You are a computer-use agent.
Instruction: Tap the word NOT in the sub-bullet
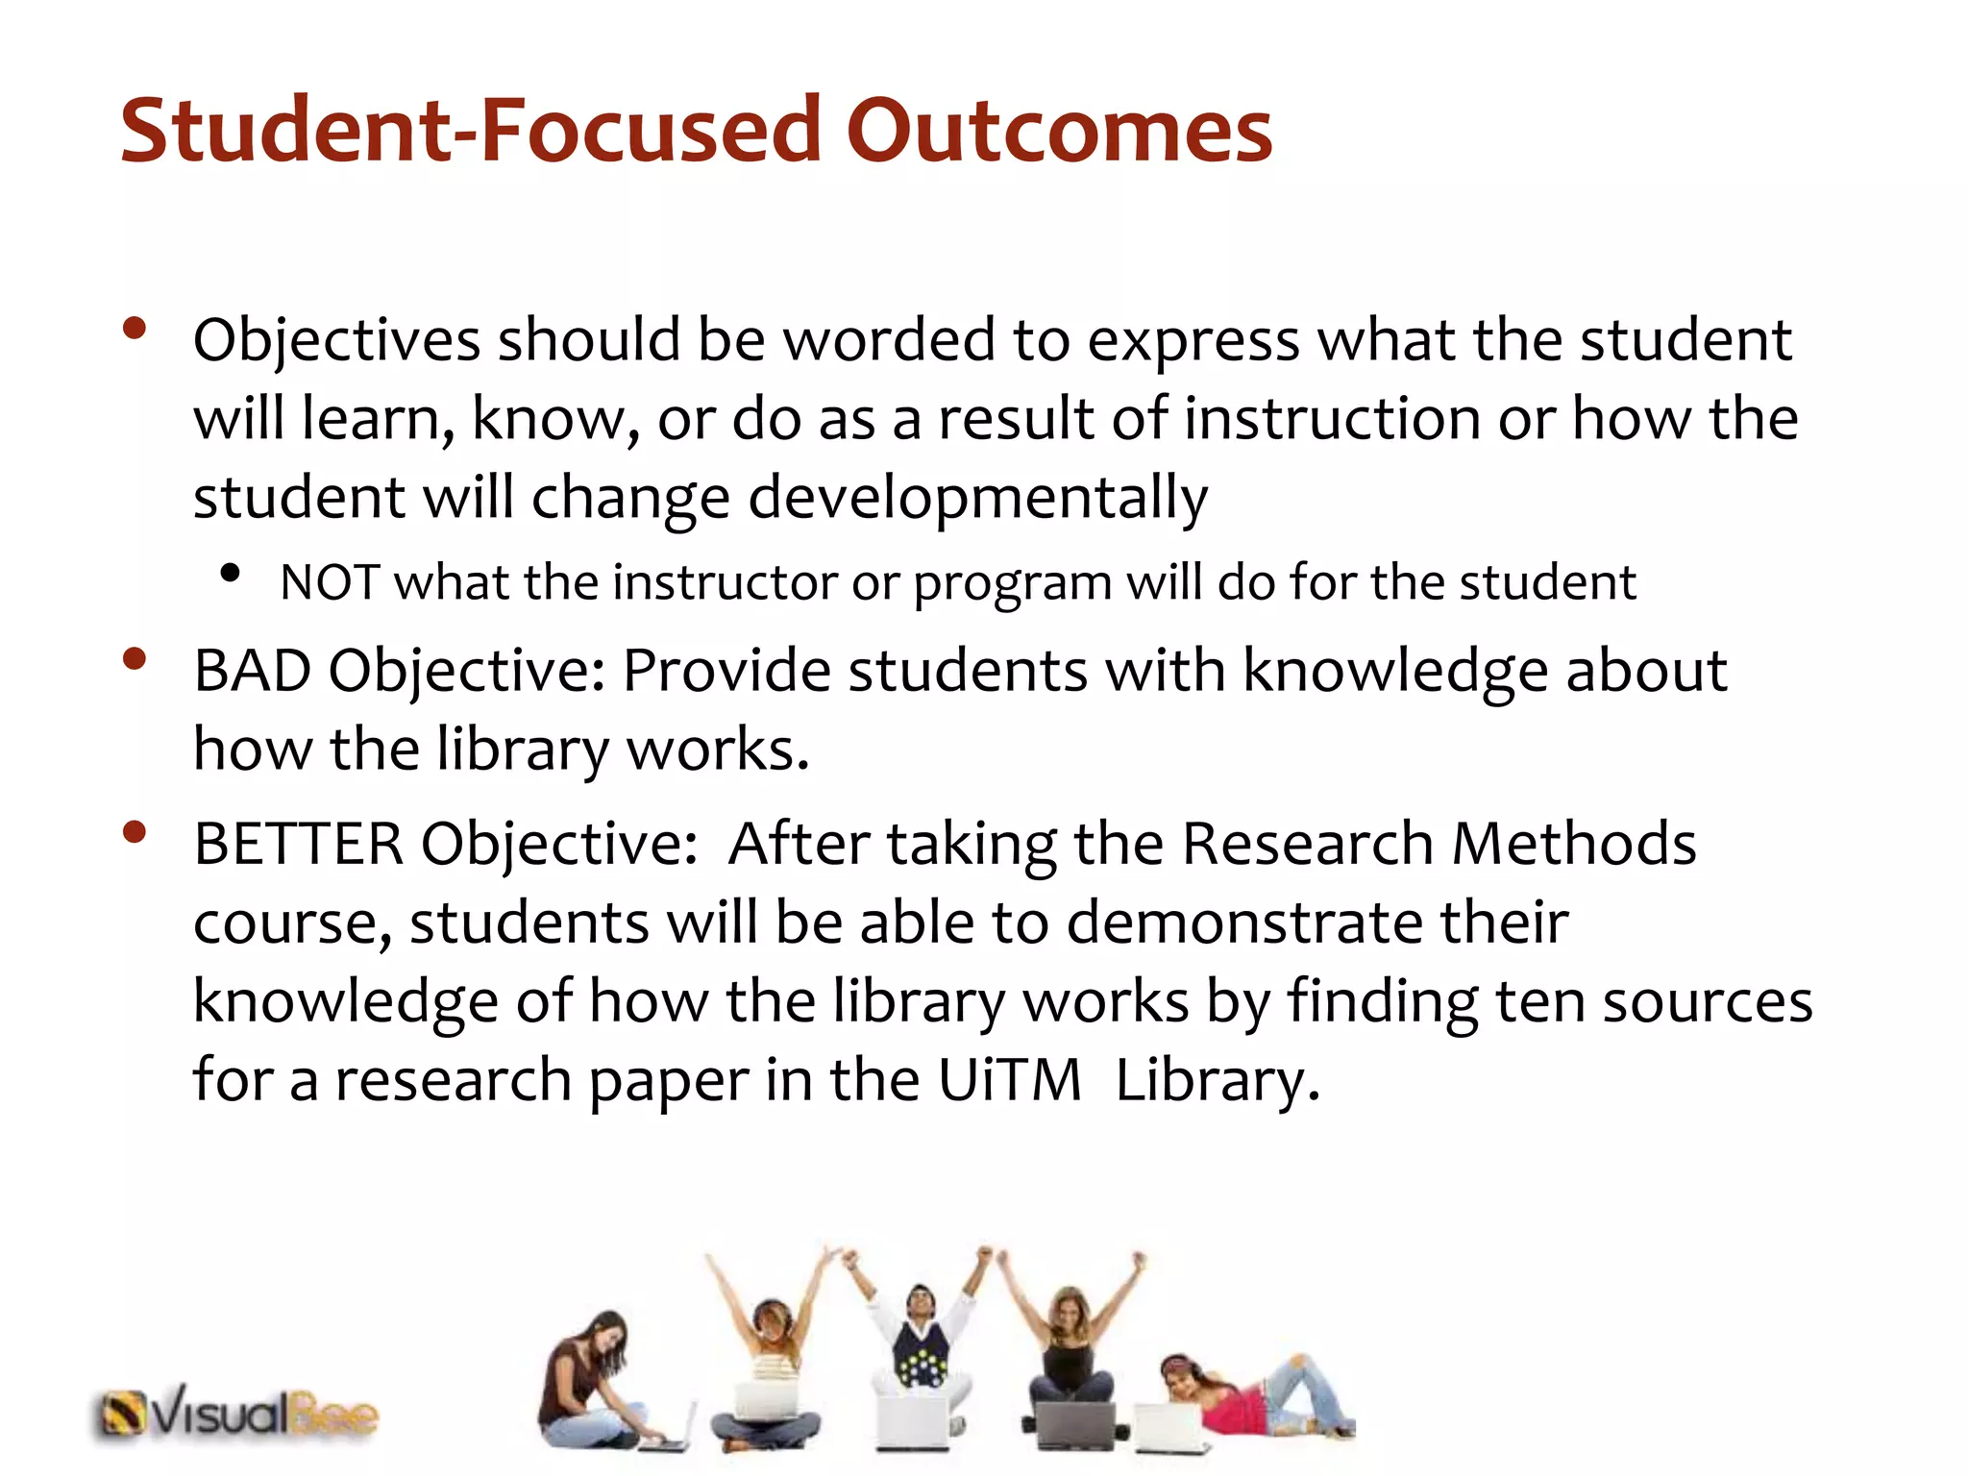(x=328, y=582)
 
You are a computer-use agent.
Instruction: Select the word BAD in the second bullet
(x=252, y=671)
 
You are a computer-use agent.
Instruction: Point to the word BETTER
(x=298, y=845)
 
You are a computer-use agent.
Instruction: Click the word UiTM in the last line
(x=1010, y=1080)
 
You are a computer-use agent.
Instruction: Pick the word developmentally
(x=977, y=499)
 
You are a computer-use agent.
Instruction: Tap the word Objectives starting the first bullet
(x=336, y=341)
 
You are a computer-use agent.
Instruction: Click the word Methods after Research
(x=1573, y=845)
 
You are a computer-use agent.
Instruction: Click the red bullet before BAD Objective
(x=135, y=659)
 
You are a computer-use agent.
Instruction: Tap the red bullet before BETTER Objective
(x=135, y=832)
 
